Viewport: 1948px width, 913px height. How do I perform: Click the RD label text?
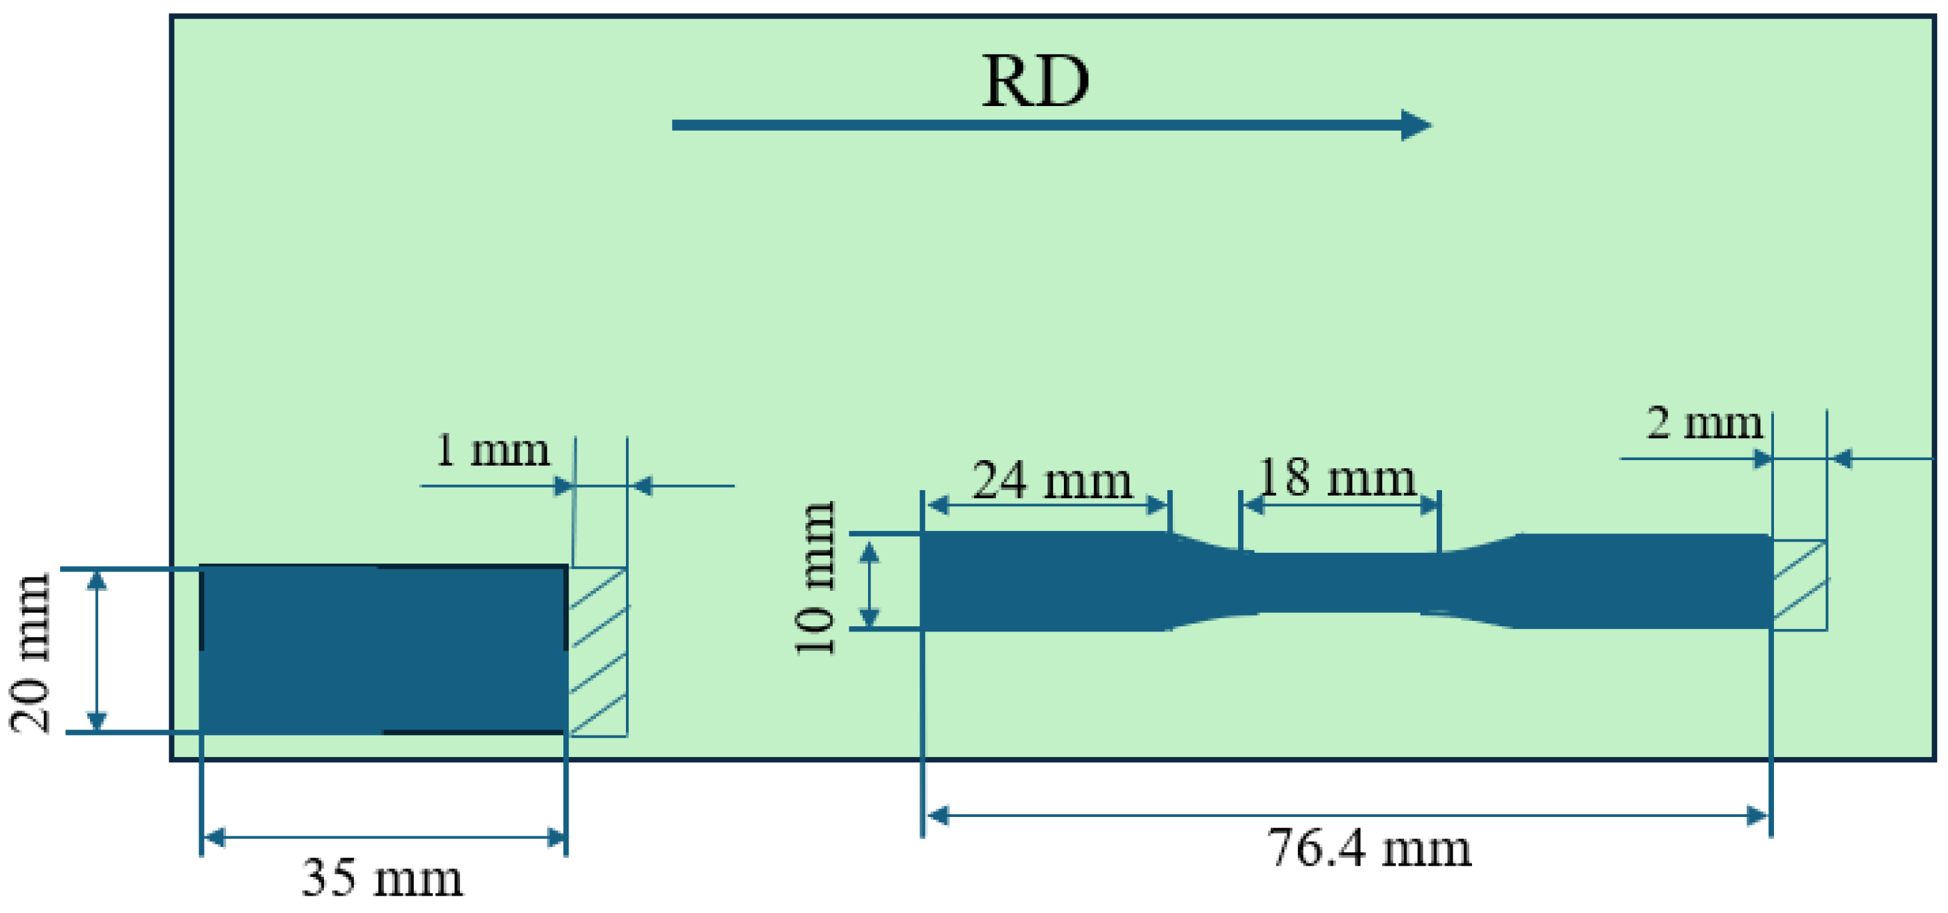(x=1035, y=81)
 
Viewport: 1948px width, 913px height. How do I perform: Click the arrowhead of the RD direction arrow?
(x=1415, y=125)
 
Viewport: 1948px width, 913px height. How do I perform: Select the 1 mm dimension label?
(x=492, y=451)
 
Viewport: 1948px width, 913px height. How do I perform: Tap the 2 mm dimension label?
(x=1705, y=423)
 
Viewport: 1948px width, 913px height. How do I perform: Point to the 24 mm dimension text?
(x=1051, y=480)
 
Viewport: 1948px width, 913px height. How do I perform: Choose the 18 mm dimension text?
(x=1336, y=478)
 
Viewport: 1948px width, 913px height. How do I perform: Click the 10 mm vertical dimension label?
(x=815, y=578)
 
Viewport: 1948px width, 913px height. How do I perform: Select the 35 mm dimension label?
(x=383, y=878)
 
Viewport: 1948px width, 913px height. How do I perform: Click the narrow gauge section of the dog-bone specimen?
(x=1339, y=582)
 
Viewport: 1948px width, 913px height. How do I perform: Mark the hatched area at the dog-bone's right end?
(x=1800, y=585)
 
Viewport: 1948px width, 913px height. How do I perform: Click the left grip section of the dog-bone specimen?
(x=1043, y=581)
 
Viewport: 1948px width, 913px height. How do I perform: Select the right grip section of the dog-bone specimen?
(x=1641, y=581)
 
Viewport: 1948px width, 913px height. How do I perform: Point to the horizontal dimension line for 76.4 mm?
(x=1346, y=816)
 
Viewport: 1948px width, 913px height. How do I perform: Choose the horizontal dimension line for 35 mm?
(x=383, y=838)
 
